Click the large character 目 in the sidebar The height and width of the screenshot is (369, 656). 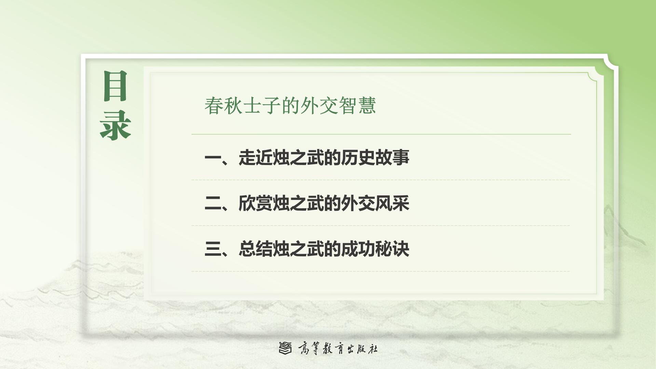click(x=115, y=86)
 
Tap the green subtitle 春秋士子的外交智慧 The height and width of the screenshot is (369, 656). click(x=290, y=105)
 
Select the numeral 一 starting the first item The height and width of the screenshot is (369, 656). click(x=213, y=158)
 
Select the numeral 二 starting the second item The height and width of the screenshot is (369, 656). click(x=213, y=203)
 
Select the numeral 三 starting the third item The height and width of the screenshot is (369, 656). click(x=213, y=249)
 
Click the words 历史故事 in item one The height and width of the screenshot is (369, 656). click(x=375, y=158)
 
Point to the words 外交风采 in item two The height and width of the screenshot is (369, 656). click(x=375, y=203)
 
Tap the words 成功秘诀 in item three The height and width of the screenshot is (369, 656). click(x=375, y=249)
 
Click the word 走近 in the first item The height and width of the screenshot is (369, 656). click(x=256, y=158)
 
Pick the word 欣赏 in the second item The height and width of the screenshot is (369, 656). click(x=256, y=203)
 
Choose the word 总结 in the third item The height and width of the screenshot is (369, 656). click(x=256, y=249)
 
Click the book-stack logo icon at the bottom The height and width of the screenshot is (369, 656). click(x=285, y=348)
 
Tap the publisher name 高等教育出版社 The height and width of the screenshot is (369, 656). click(x=338, y=348)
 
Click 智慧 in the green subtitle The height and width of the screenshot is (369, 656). click(x=357, y=105)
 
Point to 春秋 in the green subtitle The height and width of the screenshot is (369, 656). click(x=223, y=105)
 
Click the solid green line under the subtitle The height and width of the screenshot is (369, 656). click(x=381, y=134)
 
